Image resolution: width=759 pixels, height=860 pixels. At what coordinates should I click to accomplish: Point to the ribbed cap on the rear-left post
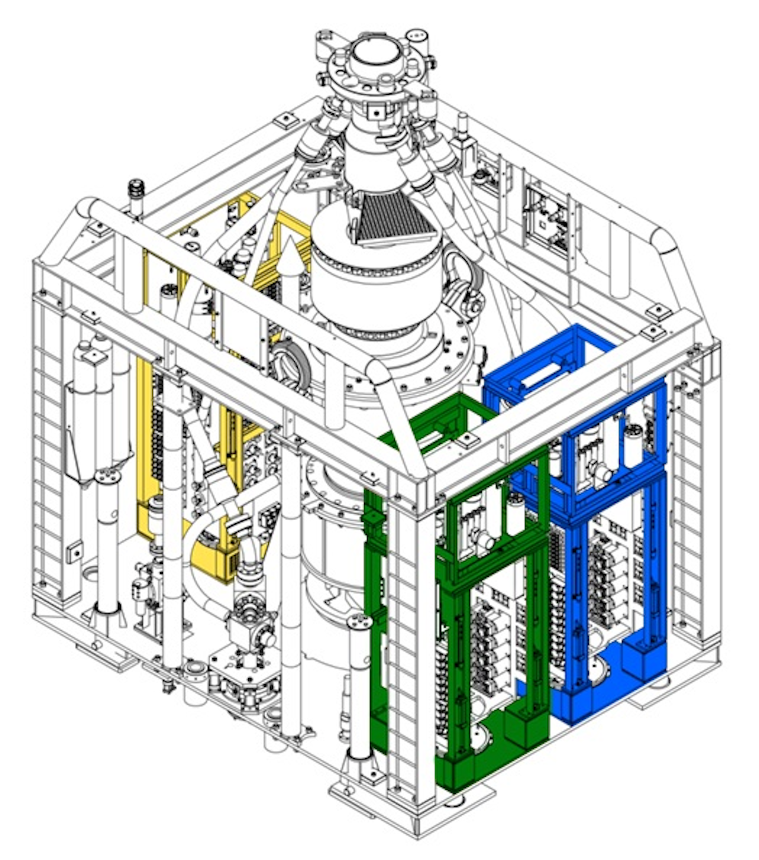pos(137,187)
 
